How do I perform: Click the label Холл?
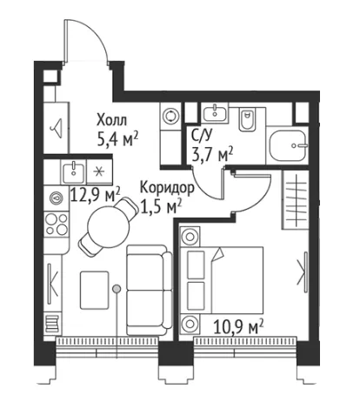(x=111, y=120)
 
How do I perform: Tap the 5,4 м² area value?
(x=117, y=140)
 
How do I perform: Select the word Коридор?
(x=167, y=189)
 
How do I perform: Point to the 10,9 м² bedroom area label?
(x=238, y=326)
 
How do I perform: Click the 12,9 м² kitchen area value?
(x=95, y=195)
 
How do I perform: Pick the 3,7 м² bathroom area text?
(x=212, y=154)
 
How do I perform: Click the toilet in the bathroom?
(x=247, y=120)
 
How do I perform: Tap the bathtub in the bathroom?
(x=288, y=145)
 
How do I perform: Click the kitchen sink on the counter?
(x=74, y=173)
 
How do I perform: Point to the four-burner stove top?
(x=57, y=225)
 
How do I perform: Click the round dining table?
(x=109, y=227)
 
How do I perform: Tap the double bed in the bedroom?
(x=223, y=280)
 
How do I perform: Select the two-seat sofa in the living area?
(x=149, y=290)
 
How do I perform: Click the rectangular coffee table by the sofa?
(x=95, y=290)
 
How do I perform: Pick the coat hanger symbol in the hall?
(x=57, y=128)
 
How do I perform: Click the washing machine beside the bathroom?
(x=170, y=116)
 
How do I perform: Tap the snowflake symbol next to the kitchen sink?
(x=99, y=172)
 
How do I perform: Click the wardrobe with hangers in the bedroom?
(x=295, y=200)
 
